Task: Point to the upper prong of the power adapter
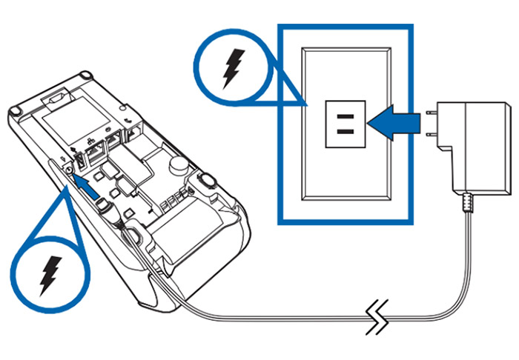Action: tap(430, 113)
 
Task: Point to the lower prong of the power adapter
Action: tap(430, 133)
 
